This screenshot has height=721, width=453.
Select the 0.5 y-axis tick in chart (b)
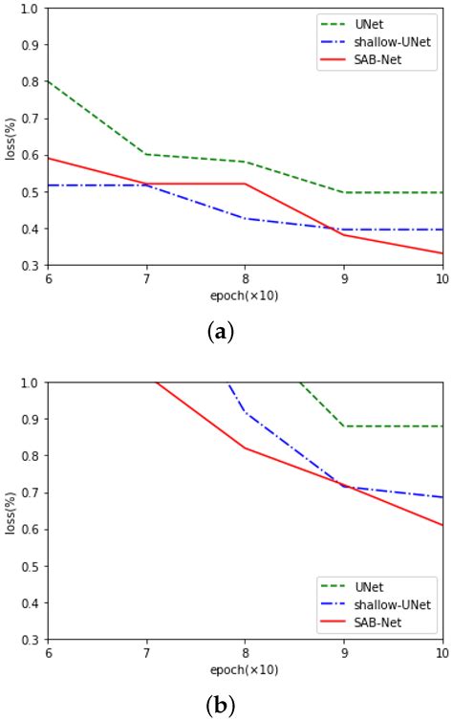32,566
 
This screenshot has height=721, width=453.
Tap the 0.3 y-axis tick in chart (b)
32,640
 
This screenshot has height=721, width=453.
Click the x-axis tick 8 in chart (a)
245,275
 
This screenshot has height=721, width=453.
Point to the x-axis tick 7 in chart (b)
146,650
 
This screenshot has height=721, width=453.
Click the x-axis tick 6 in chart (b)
48,650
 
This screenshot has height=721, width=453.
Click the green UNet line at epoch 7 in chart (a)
146,154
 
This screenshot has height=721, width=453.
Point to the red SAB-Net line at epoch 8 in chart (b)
245,448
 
